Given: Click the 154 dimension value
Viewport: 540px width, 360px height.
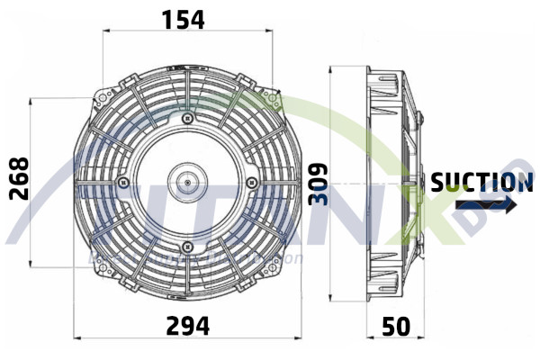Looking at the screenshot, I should pos(183,17).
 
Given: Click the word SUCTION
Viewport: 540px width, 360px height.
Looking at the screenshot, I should pos(481,183).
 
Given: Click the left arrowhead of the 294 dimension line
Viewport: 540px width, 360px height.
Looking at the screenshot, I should pos(76,337).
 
